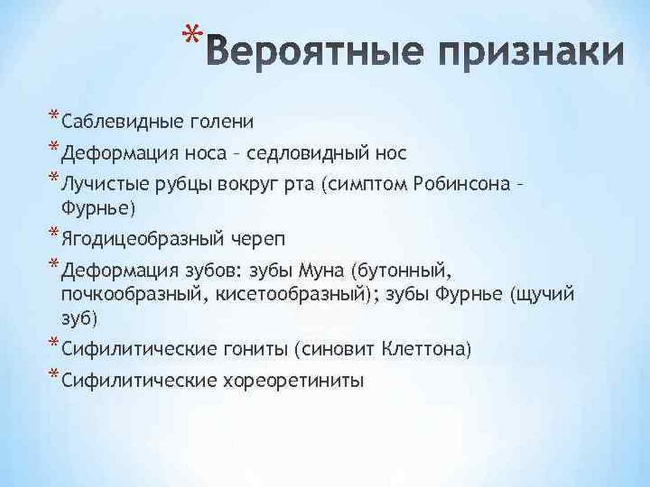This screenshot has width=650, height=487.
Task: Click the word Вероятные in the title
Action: click(315, 51)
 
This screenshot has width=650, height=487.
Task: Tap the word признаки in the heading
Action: click(531, 54)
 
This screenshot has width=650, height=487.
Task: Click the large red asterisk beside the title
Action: click(193, 35)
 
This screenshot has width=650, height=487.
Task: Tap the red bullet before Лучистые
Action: click(53, 177)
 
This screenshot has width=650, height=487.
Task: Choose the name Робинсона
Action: click(462, 184)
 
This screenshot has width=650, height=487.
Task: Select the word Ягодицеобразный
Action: click(142, 239)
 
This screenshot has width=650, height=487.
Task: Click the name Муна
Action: click(321, 272)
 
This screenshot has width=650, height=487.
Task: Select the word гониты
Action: click(256, 349)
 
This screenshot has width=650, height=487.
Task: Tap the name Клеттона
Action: click(424, 349)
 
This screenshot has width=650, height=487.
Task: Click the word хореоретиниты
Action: click(294, 381)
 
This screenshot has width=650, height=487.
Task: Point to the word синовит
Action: click(337, 349)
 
